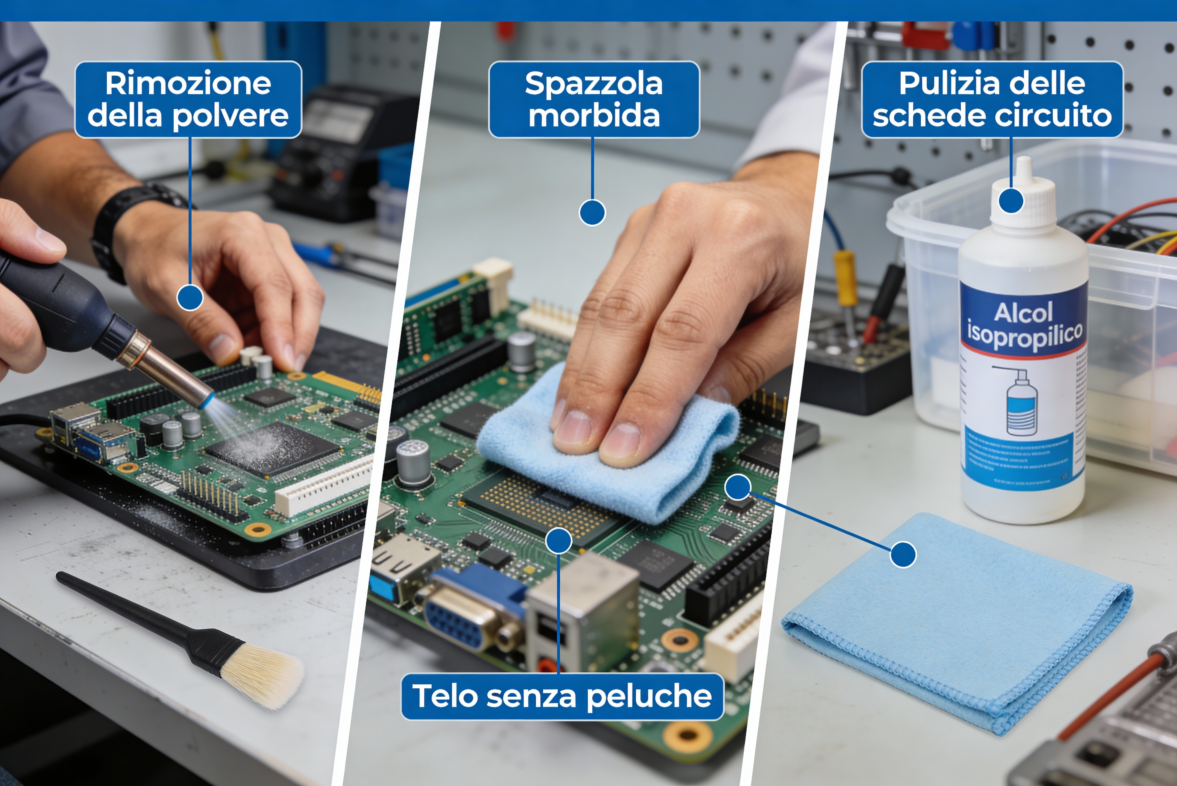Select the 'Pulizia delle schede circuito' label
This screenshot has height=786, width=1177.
point(992,99)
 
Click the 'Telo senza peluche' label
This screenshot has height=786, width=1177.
point(562,696)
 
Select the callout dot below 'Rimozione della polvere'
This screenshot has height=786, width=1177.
point(190,298)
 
